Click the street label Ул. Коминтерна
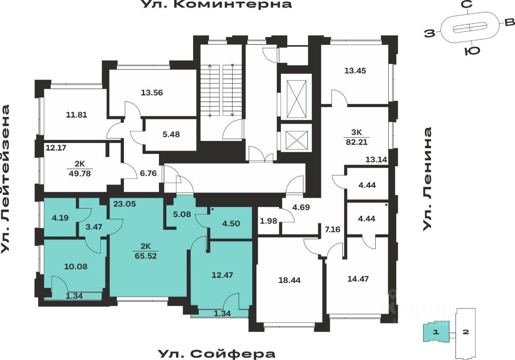click(216, 5)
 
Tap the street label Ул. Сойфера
click(216, 354)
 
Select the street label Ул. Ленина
click(427, 179)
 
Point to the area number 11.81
click(76, 115)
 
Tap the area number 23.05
click(124, 204)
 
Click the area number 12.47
click(222, 275)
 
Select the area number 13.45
click(355, 70)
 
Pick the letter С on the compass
click(467, 5)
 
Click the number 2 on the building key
click(466, 332)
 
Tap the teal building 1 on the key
click(435, 332)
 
